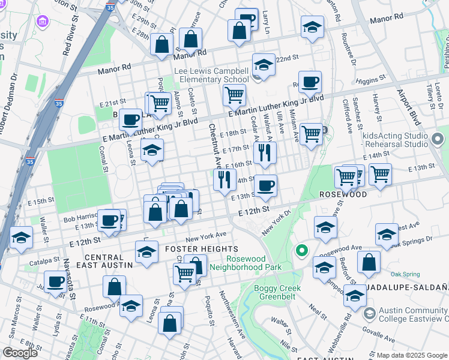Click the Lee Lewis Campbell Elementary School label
click(x=211, y=75)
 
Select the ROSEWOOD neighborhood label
click(x=343, y=195)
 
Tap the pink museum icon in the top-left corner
click(x=42, y=22)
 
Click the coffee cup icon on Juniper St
click(x=56, y=281)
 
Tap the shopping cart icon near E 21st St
click(x=160, y=103)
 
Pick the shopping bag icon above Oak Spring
click(x=369, y=262)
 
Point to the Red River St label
click(x=70, y=37)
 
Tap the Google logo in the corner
click(x=20, y=352)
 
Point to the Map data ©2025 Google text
click(x=412, y=355)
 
